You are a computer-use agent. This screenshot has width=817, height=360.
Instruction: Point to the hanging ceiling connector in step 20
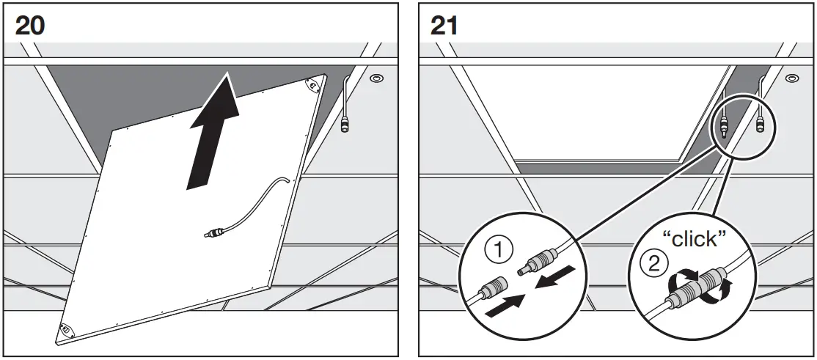coord(345,124)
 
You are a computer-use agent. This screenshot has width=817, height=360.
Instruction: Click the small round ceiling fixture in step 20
coord(375,78)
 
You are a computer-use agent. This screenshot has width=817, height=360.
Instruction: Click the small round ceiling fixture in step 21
coord(791,78)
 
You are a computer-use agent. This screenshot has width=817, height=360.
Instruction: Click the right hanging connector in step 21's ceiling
coord(761,123)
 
